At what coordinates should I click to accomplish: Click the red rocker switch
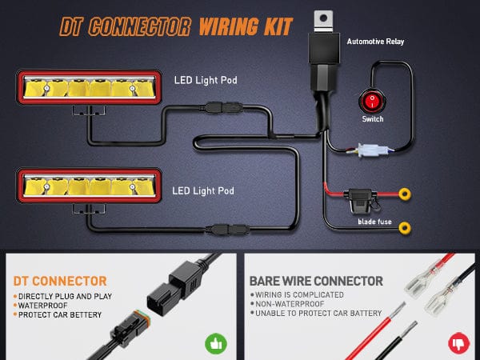pos(372,102)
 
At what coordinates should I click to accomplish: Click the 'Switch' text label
pos(373,119)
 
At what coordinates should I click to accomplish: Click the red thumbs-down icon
pos(459,344)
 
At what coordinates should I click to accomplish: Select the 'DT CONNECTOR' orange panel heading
pos(61,282)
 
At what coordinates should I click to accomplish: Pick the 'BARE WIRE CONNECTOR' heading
pos(316,282)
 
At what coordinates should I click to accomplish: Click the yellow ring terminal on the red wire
pos(405,193)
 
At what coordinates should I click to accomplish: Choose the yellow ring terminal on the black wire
pos(405,229)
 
